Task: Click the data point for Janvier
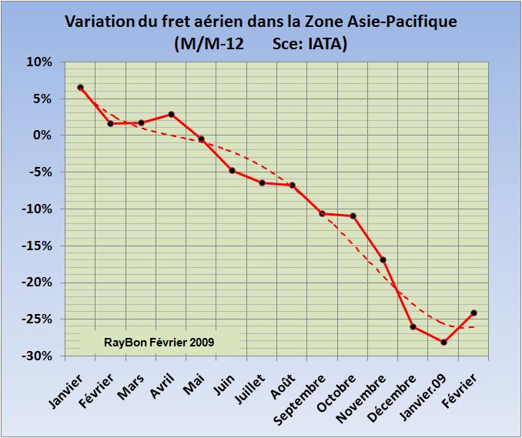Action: [x=80, y=87]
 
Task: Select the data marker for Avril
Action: [x=171, y=114]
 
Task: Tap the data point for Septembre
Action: [x=322, y=213]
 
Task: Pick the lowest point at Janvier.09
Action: [x=443, y=342]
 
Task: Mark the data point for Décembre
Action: [x=413, y=327]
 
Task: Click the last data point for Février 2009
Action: [x=473, y=313]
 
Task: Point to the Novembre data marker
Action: [x=383, y=259]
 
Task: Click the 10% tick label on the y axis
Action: [x=38, y=62]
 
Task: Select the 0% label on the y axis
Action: [x=42, y=135]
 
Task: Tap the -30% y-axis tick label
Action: [x=36, y=356]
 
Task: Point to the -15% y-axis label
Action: [x=36, y=246]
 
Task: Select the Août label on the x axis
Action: [x=282, y=380]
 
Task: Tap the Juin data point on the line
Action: [x=231, y=170]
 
